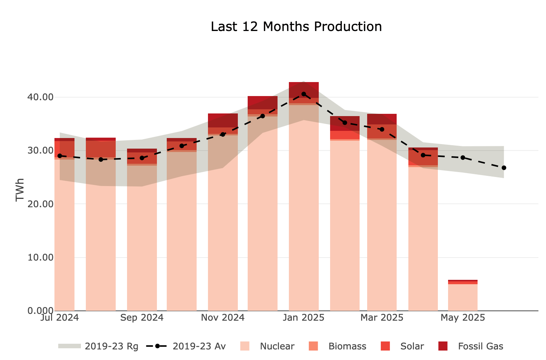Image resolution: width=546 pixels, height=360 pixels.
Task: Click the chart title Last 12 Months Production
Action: coord(296,27)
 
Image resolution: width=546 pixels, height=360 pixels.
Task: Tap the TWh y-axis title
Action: coord(20,189)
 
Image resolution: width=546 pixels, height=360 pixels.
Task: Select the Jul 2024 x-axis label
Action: coord(59,318)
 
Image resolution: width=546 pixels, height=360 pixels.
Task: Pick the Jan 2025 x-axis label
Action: coord(304,318)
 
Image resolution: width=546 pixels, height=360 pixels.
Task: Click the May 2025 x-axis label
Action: coord(462,318)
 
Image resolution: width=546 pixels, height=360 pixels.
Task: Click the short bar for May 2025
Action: coord(462,297)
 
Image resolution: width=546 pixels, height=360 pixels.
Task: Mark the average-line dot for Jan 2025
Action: coord(304,94)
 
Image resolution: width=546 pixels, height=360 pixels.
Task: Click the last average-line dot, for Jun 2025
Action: coord(504,168)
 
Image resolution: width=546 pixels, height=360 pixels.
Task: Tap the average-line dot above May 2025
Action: coord(462,157)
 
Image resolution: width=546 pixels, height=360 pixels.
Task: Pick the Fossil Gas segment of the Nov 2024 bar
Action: coord(223,120)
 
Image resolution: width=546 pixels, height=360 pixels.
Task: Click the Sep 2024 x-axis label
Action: coord(142,318)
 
